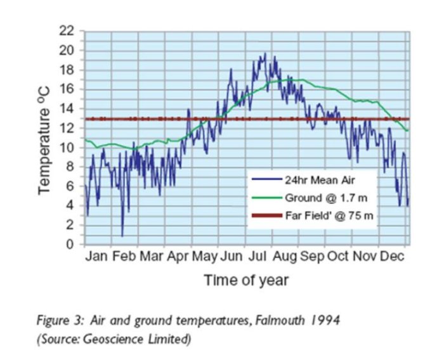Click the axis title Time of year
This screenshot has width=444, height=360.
tap(246, 280)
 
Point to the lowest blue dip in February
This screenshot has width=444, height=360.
tap(122, 236)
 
